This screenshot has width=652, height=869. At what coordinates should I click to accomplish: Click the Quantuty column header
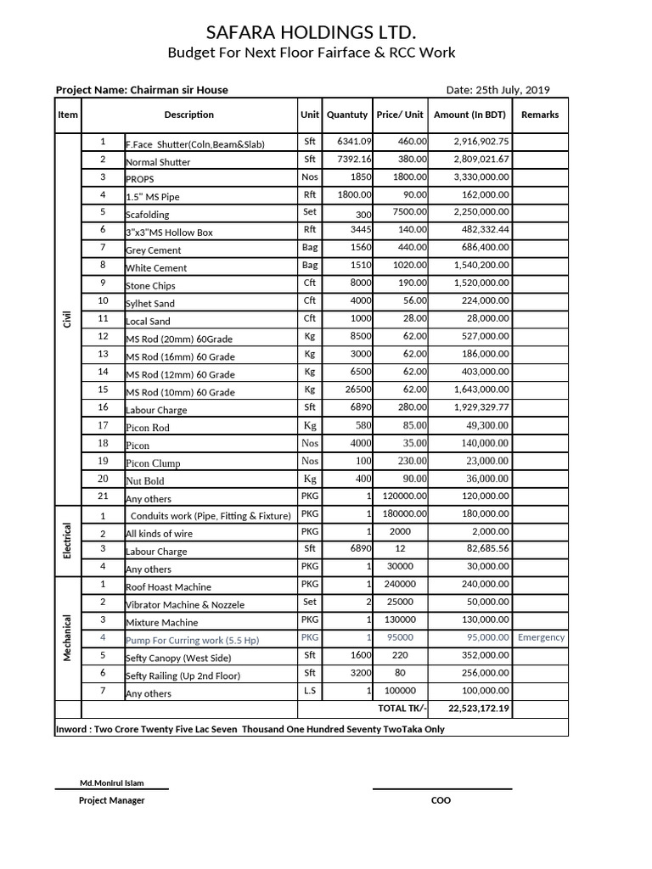pos(347,115)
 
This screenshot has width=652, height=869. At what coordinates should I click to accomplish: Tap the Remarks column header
pos(540,115)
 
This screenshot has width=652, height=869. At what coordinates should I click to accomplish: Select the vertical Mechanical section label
pos(68,639)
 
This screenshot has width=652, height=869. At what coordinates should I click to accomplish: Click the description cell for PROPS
pos(140,179)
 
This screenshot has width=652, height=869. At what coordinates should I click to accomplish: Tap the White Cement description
pos(156,268)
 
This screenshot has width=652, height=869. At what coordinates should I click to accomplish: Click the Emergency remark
pos(541,637)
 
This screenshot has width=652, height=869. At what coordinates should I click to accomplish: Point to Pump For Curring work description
pos(193,641)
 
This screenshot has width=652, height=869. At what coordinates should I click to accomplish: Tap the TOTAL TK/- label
pos(403,709)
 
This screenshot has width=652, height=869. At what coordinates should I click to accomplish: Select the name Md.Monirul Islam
pos(112,782)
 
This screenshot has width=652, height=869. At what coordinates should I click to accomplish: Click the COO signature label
pos(441,800)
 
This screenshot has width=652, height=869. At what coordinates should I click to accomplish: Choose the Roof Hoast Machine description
pos(168,587)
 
